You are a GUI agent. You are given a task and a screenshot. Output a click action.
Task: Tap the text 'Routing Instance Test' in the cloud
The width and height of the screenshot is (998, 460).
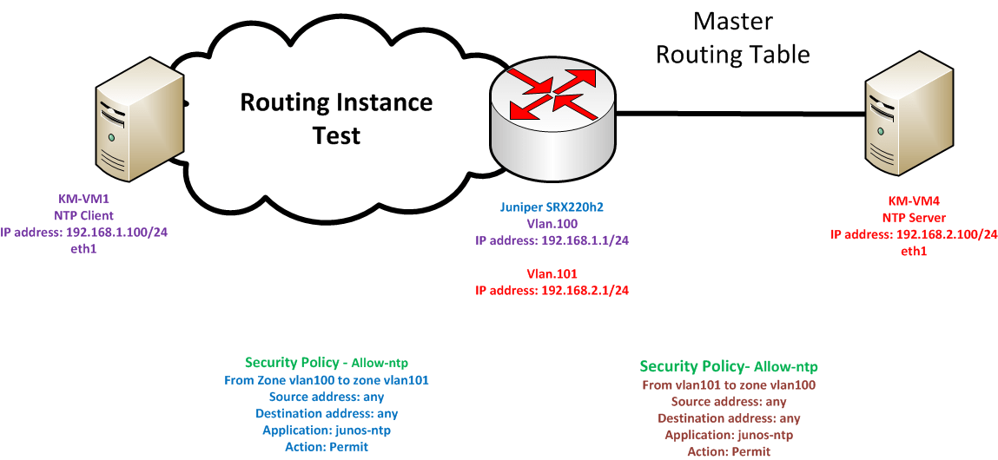pos(336,118)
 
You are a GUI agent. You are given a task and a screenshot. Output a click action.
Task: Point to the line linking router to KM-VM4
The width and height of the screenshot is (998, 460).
pos(738,113)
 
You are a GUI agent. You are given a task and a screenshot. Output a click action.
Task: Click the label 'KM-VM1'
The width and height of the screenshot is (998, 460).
pos(85,199)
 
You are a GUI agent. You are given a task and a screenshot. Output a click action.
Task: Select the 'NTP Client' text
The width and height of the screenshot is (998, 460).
pos(85,215)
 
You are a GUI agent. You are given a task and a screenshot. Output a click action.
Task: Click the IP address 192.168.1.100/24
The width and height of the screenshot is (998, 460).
pos(85,233)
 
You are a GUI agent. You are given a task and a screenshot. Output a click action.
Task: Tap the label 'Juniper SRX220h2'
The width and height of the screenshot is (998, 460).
pos(552,207)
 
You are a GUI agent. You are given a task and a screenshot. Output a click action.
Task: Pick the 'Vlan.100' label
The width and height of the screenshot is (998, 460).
pos(552,223)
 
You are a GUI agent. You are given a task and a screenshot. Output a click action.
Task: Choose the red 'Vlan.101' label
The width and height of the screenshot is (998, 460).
pos(552,274)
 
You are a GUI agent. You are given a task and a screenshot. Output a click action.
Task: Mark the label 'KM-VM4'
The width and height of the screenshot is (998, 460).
pos(914,202)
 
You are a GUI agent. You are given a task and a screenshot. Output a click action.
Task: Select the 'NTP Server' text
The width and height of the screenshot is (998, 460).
pos(914,218)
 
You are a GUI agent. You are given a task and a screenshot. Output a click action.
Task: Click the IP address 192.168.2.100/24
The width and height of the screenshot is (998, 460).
pos(914,234)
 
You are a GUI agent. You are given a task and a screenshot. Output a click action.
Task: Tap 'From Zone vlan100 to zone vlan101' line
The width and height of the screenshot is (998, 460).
pos(327,380)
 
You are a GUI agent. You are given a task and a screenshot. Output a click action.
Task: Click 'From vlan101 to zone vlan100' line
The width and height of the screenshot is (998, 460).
pos(729,384)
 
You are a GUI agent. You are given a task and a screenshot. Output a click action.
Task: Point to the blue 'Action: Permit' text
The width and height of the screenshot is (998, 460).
pos(327,447)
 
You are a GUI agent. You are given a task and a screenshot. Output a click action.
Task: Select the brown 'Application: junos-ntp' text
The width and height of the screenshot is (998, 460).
pos(729,435)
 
